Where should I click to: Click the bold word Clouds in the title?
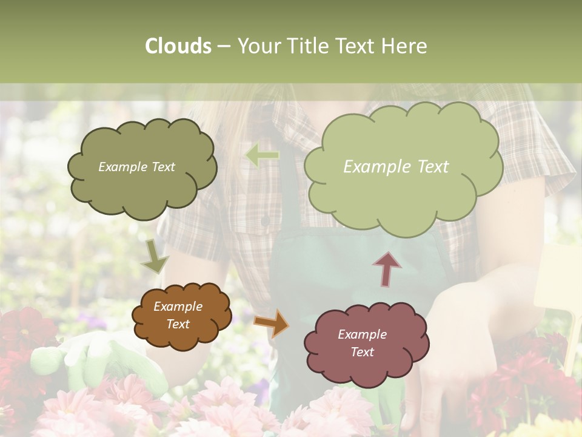click(x=178, y=46)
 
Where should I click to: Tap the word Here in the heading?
click(x=406, y=46)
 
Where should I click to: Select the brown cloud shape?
click(x=181, y=316)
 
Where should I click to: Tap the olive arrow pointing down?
click(x=155, y=257)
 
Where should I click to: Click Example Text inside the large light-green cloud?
click(x=396, y=167)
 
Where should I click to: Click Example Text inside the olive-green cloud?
click(x=136, y=167)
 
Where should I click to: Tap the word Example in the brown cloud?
click(x=178, y=307)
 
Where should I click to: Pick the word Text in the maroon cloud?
click(x=362, y=352)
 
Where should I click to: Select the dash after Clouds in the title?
click(x=223, y=47)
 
